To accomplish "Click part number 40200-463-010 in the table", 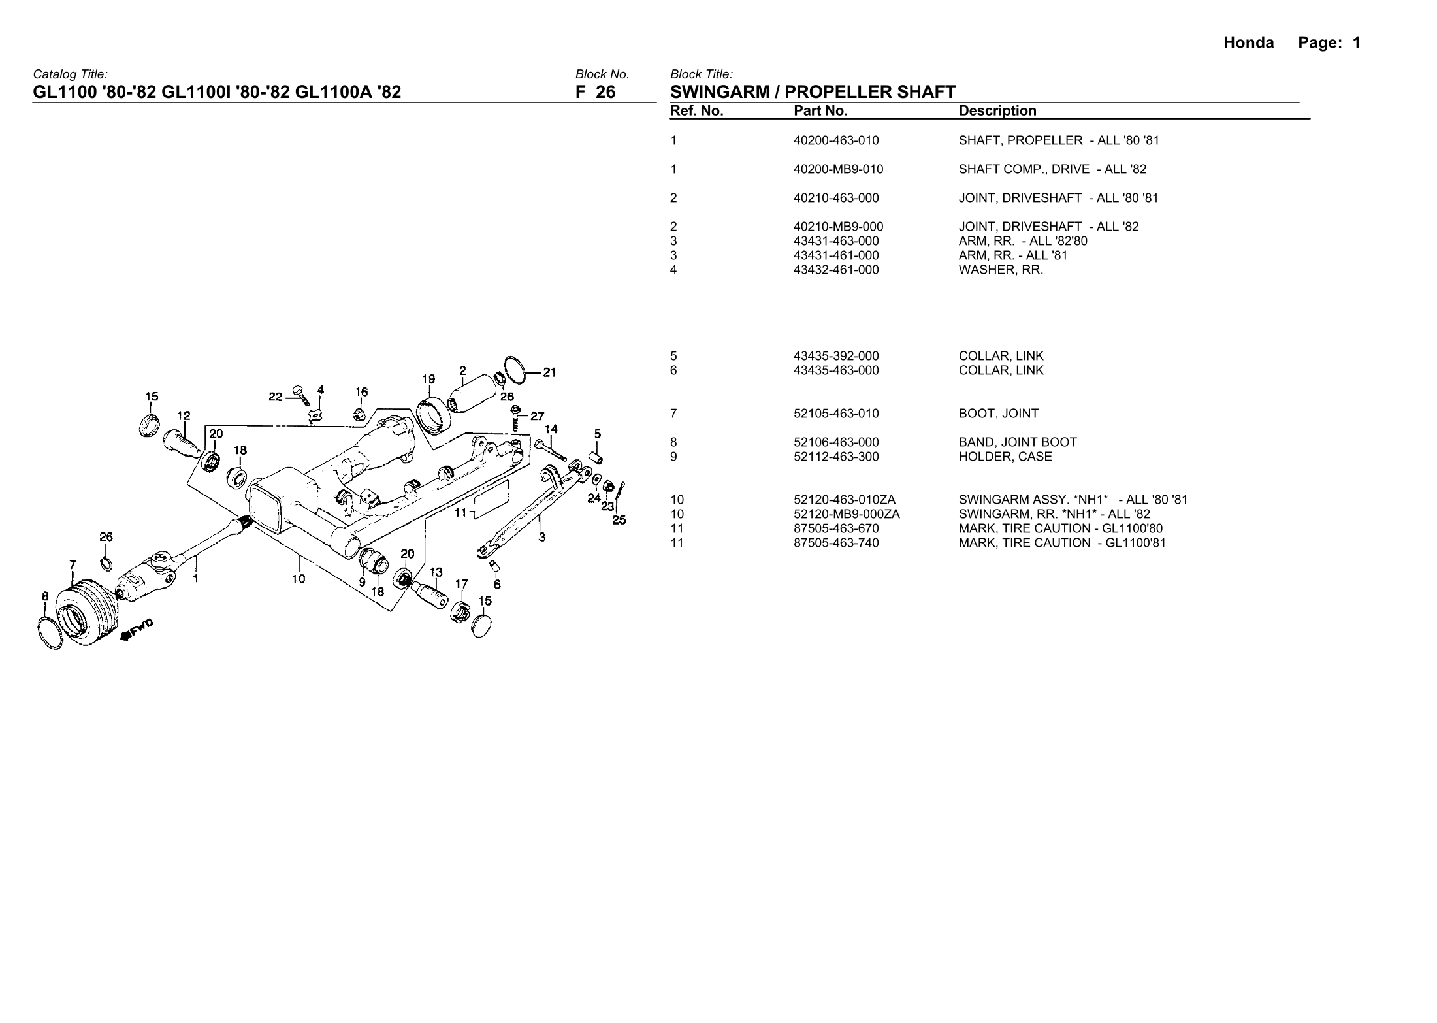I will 836,140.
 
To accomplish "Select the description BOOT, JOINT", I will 998,414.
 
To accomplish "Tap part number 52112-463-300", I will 836,457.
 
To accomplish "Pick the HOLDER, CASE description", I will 1005,457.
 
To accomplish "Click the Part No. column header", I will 820,111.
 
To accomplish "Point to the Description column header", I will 997,111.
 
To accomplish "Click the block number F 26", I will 595,92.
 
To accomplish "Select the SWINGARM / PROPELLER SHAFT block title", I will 813,92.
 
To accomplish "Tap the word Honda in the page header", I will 1248,43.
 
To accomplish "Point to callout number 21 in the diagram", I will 549,373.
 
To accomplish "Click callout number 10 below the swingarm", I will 299,579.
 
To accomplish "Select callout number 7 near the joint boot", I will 73,564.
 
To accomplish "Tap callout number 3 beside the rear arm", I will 542,538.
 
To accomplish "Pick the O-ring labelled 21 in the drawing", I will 516,370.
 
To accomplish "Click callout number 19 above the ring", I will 428,380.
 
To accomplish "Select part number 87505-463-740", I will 836,543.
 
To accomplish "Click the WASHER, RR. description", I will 1001,270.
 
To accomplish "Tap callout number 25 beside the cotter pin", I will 619,521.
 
